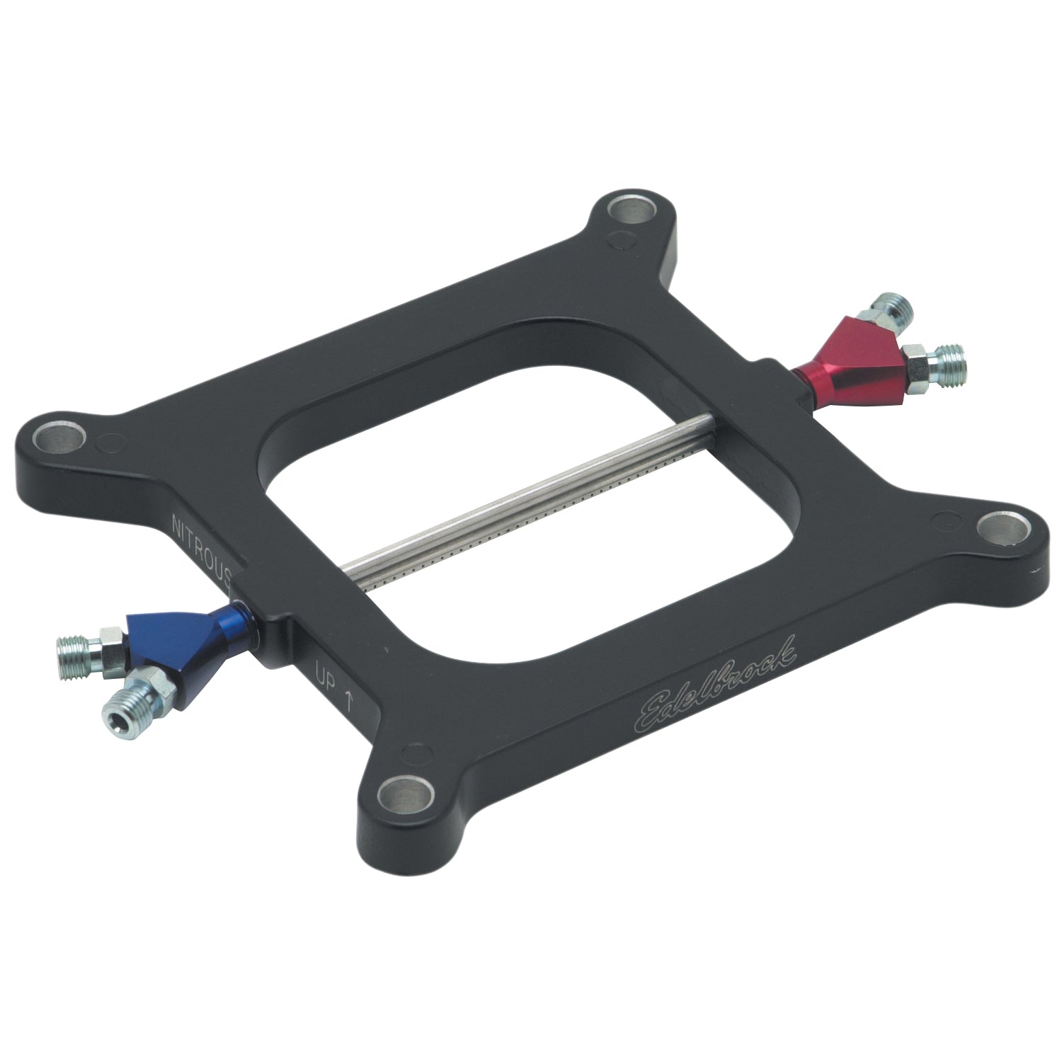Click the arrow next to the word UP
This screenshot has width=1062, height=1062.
[x=348, y=697]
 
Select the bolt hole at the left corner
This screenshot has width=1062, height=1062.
[x=60, y=437]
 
